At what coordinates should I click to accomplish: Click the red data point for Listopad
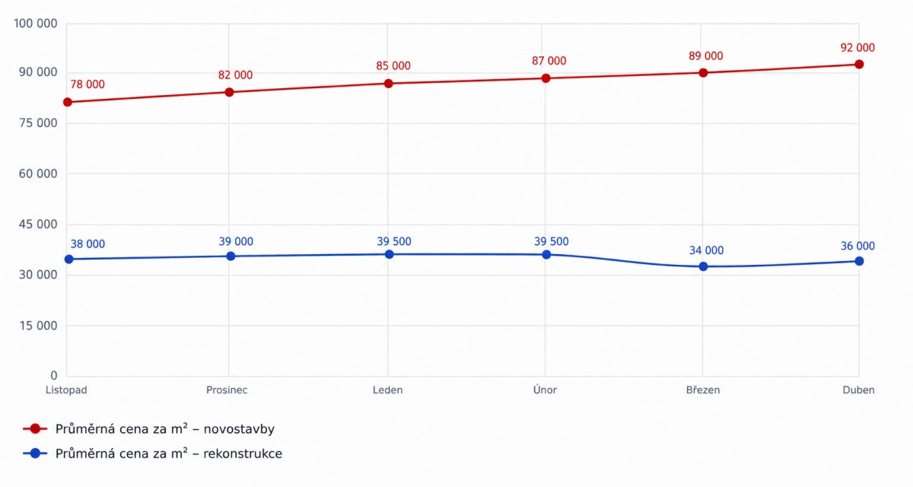point(68,102)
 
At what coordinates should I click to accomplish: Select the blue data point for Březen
point(703,266)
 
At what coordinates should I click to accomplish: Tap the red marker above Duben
point(859,64)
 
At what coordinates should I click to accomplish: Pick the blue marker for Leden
point(390,254)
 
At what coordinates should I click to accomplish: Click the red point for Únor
point(546,78)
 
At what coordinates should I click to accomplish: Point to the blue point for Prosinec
point(231,256)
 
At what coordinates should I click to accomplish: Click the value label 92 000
point(857,48)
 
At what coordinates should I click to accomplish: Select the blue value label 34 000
point(706,250)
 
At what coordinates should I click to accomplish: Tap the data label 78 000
point(87,84)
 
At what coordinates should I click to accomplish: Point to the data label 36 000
point(857,246)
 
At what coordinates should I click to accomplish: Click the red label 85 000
point(393,65)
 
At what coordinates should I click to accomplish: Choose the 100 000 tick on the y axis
point(36,24)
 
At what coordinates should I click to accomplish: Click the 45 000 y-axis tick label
point(38,224)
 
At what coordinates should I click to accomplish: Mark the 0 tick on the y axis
point(54,375)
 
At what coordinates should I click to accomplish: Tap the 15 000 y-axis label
point(38,326)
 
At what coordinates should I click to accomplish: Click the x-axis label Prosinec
point(227,390)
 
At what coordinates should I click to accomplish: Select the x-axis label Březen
point(703,390)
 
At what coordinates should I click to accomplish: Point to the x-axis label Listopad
point(66,390)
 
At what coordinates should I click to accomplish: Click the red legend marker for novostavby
point(36,428)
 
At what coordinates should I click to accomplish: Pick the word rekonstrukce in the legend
point(243,454)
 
